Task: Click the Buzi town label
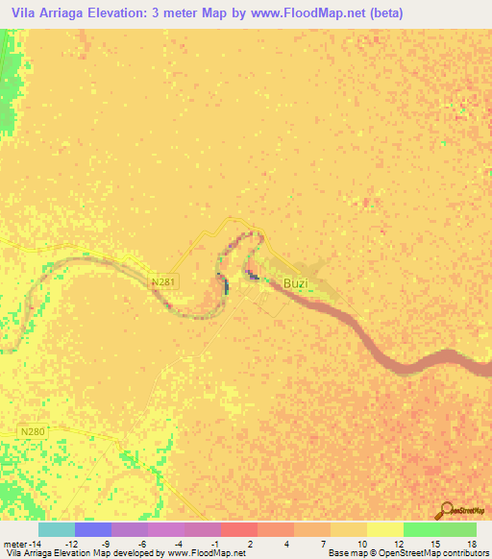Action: [x=296, y=282]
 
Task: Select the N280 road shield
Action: [x=33, y=433]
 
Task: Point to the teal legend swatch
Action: [x=56, y=529]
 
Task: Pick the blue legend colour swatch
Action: [x=92, y=529]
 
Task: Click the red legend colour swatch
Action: [x=238, y=529]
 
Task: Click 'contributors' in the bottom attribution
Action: [x=465, y=553]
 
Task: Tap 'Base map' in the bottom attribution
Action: [x=347, y=553]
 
